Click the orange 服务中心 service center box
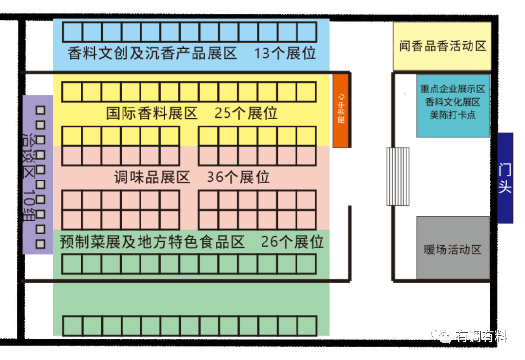341,111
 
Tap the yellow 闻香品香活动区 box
442,46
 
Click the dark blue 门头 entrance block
505,178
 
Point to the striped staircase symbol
398,177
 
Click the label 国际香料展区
152,113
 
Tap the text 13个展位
285,53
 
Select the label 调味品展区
152,177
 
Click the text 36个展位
238,177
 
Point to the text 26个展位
292,241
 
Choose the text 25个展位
246,113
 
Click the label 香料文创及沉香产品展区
152,53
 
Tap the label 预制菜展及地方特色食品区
152,241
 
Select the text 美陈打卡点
453,115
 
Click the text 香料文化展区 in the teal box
453,102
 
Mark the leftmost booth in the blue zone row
72,32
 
